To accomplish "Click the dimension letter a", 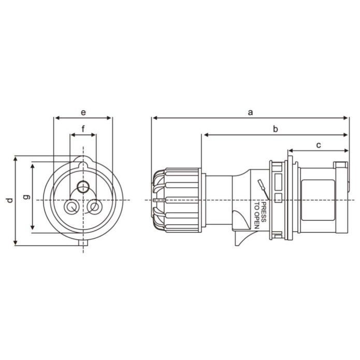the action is (251, 112).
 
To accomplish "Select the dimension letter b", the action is (275, 129).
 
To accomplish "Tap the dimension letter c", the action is (319, 145).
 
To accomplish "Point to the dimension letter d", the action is (9, 200).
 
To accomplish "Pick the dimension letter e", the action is (83, 112).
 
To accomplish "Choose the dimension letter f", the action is (83, 129).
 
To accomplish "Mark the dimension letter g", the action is (27, 197).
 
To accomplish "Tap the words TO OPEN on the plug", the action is (257, 216).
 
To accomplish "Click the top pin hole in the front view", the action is (83, 187).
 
